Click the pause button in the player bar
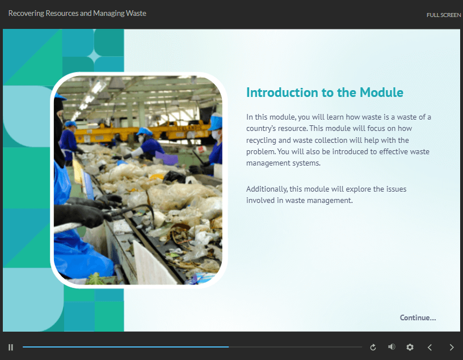tap(11, 348)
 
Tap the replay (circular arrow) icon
tap(373, 348)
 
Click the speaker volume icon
tap(392, 347)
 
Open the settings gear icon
tap(410, 348)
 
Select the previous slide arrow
tap(430, 348)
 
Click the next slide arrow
tap(452, 348)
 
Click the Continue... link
tap(418, 317)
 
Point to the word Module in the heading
tap(381, 92)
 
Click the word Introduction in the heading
tap(283, 92)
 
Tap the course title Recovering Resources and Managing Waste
tap(77, 13)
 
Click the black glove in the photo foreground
tap(81, 215)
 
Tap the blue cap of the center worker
tap(144, 132)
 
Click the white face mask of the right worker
tap(216, 135)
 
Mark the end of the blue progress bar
tap(229, 347)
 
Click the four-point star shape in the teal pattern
tap(94, 56)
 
